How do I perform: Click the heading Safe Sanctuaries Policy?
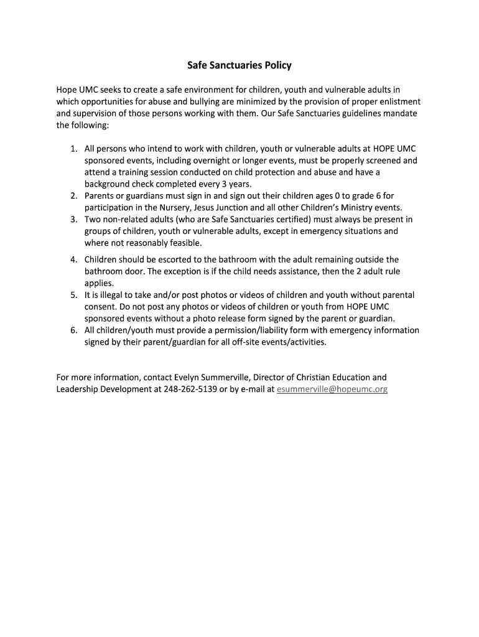[x=239, y=65]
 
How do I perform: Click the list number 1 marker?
[x=73, y=149]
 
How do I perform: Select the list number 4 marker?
[x=73, y=259]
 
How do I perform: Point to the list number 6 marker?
[x=73, y=330]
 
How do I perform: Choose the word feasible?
[x=185, y=243]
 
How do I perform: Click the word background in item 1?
[x=108, y=184]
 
